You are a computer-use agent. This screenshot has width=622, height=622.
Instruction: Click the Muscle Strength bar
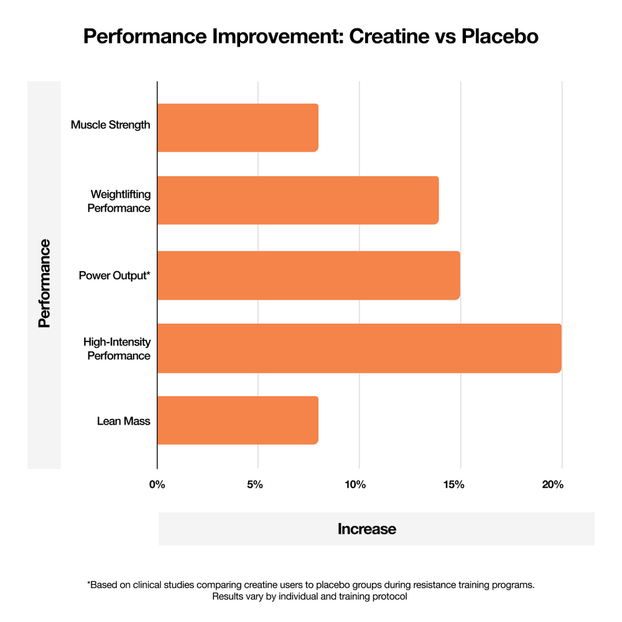click(x=238, y=128)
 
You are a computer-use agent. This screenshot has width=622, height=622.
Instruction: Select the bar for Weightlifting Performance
click(x=298, y=200)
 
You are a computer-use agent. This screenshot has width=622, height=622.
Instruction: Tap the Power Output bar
click(x=309, y=275)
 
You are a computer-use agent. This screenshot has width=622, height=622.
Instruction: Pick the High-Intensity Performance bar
click(x=359, y=348)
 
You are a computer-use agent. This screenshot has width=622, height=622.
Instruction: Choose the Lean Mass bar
click(x=238, y=420)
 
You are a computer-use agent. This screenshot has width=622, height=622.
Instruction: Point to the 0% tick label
click(x=157, y=485)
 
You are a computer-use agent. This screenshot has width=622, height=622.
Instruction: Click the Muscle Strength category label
click(x=111, y=125)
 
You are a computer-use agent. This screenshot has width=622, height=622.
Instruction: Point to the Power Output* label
click(x=114, y=275)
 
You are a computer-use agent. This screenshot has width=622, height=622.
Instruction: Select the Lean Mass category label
click(x=124, y=421)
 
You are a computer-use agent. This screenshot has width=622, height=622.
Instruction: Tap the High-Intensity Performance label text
click(x=117, y=349)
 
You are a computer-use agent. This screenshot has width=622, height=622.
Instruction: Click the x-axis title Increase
click(x=367, y=529)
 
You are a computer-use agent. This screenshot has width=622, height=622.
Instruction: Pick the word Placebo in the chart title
click(x=499, y=37)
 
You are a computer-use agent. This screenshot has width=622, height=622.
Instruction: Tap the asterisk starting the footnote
click(x=89, y=585)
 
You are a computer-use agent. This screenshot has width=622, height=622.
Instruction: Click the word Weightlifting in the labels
click(x=121, y=195)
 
